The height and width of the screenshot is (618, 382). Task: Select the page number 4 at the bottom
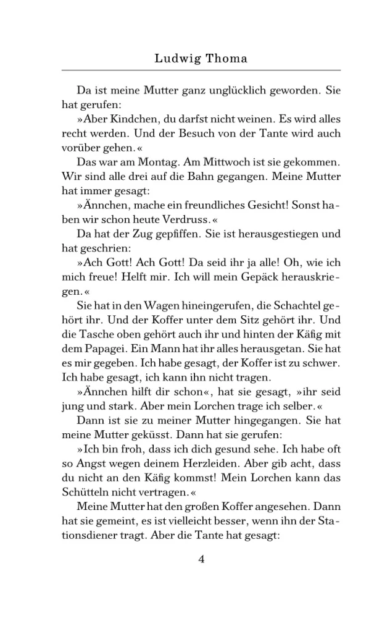[201, 559]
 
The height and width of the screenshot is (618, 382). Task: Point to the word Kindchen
[134, 119]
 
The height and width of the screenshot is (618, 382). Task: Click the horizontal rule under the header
[201, 70]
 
